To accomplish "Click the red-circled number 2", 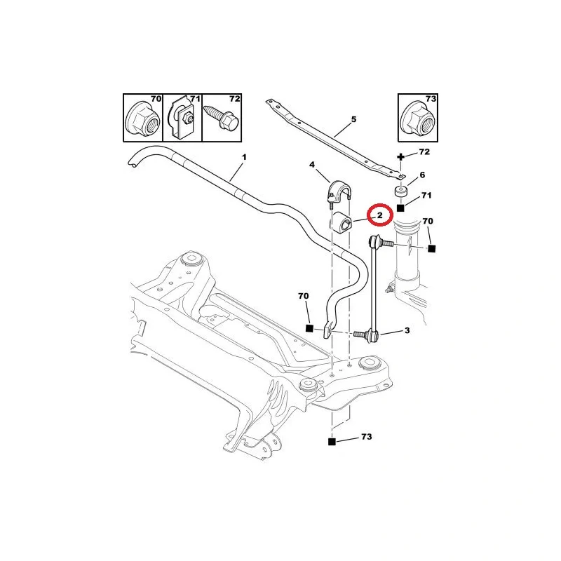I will pos(379,215).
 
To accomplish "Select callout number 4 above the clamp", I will pos(312,165).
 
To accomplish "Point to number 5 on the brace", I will pos(353,120).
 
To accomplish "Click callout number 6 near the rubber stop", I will pos(422,175).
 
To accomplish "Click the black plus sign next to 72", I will pos(401,156).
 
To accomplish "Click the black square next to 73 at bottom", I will pos(332,442).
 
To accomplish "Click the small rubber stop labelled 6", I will pos(400,192).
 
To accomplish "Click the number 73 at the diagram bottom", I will pos(365,437).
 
